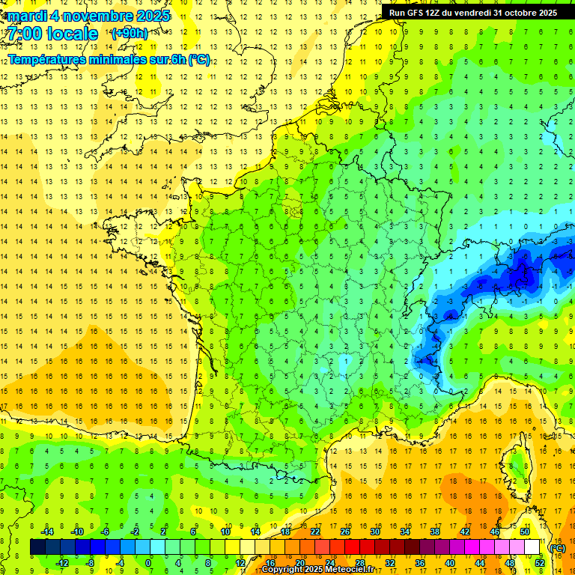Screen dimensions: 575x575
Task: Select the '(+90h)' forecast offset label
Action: [x=130, y=34]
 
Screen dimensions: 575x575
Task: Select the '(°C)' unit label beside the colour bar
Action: [x=557, y=548]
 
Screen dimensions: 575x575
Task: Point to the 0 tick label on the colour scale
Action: [x=148, y=562]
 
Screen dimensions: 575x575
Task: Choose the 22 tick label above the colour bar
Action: [x=315, y=532]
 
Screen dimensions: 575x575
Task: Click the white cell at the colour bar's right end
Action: [x=532, y=547]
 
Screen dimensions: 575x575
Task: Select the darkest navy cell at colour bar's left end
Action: [x=38, y=547]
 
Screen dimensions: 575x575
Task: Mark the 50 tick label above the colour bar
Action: [x=524, y=532]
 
